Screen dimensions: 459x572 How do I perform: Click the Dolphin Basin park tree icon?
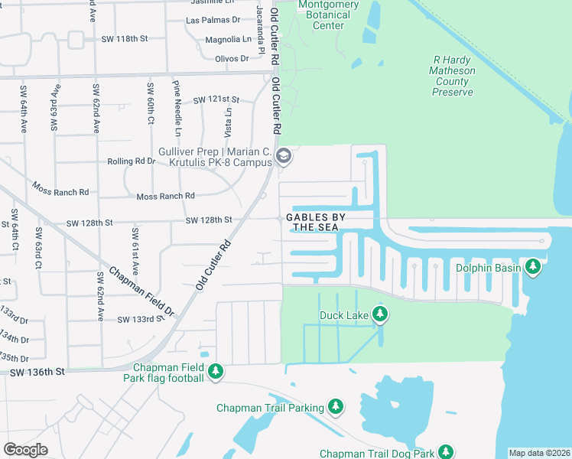coord(533,267)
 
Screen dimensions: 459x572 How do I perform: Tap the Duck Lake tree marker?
coord(380,314)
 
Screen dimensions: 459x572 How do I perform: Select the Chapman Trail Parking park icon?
coord(335,408)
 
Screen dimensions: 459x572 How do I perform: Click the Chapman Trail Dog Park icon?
coord(446,453)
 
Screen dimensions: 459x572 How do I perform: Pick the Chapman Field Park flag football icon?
coord(216,372)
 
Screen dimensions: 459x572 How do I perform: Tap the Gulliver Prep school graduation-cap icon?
coord(284,157)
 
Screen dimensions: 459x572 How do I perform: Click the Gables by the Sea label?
coord(316,222)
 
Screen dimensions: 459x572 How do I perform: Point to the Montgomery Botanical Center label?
coord(328,15)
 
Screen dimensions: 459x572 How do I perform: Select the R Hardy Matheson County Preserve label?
coord(453,76)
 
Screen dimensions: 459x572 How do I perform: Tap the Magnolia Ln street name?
coord(228,39)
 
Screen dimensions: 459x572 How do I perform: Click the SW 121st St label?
coord(216,100)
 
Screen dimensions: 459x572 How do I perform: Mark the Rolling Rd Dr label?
coord(131,161)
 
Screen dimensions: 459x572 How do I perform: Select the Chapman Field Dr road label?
coord(141,292)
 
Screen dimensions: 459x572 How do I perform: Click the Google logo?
coord(25,450)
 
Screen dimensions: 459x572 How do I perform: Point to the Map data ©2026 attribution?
coord(539,453)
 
